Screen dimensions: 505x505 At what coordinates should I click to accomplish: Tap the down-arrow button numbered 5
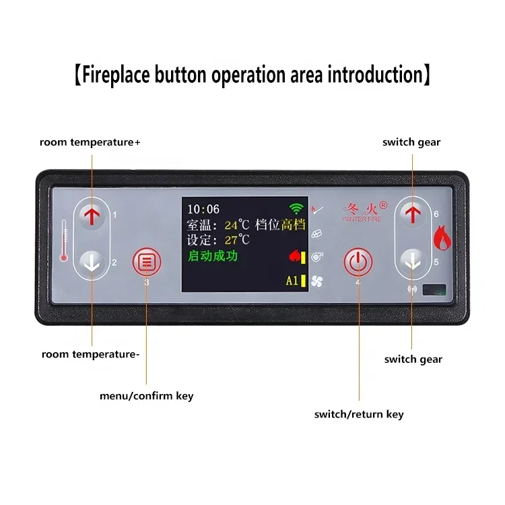412,263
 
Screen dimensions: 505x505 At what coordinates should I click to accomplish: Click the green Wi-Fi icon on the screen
295,209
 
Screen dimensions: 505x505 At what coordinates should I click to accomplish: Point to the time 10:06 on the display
203,209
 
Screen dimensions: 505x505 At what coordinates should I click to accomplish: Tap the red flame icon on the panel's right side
442,239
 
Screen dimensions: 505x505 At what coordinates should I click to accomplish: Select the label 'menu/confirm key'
146,396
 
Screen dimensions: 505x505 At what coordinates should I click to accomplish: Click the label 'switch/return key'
359,414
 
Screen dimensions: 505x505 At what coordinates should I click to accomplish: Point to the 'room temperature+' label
90,142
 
